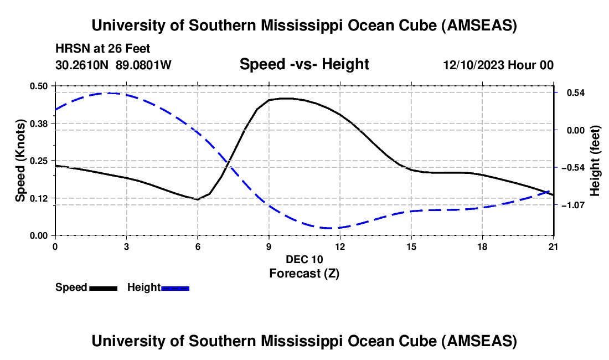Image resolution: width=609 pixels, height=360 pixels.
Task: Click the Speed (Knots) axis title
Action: tap(20, 161)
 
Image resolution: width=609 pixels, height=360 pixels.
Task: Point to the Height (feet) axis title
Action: tap(595, 161)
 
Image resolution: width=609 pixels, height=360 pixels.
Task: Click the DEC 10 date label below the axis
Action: tap(304, 259)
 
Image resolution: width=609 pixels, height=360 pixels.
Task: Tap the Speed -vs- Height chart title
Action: tap(304, 65)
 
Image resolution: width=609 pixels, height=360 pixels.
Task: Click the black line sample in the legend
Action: tap(103, 287)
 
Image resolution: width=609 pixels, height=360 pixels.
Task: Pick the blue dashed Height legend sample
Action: tap(176, 287)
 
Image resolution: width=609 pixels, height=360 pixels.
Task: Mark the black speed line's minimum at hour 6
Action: tap(197, 199)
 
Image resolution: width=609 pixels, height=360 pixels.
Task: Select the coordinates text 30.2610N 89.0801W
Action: tap(113, 65)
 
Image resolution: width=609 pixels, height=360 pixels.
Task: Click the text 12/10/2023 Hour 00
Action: tap(498, 65)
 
